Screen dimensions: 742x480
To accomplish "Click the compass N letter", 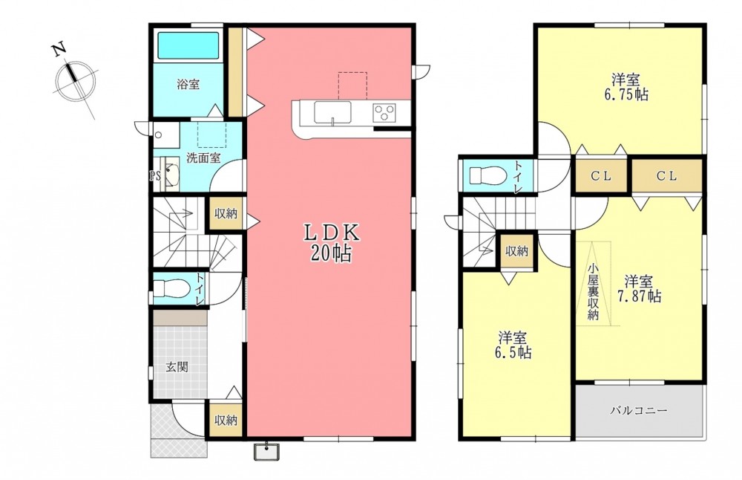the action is (x=59, y=49).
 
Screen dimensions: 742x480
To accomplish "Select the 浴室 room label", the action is (x=188, y=85).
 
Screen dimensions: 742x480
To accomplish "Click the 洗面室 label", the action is (x=203, y=158).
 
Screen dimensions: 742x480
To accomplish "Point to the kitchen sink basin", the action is (x=332, y=114).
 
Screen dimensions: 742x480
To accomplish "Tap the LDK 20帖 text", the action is (x=331, y=243).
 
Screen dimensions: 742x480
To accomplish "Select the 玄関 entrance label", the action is (x=177, y=367).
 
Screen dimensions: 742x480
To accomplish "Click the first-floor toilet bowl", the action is (x=171, y=288).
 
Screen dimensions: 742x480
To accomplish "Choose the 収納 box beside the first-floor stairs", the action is (x=226, y=214).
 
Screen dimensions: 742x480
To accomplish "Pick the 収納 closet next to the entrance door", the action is (x=226, y=420).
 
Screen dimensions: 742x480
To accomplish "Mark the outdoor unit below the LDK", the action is (x=267, y=452).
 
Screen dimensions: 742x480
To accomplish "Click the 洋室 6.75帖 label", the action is (x=626, y=86).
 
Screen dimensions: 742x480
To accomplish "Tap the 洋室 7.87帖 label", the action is (x=639, y=288).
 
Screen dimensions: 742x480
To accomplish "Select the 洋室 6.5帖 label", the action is (x=513, y=346).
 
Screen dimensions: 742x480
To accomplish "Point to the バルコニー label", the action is (x=638, y=410).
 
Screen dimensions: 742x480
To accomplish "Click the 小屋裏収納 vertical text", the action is (x=593, y=291).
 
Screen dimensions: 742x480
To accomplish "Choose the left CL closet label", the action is (x=601, y=176).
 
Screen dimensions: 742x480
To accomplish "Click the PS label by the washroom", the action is (x=155, y=177).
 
